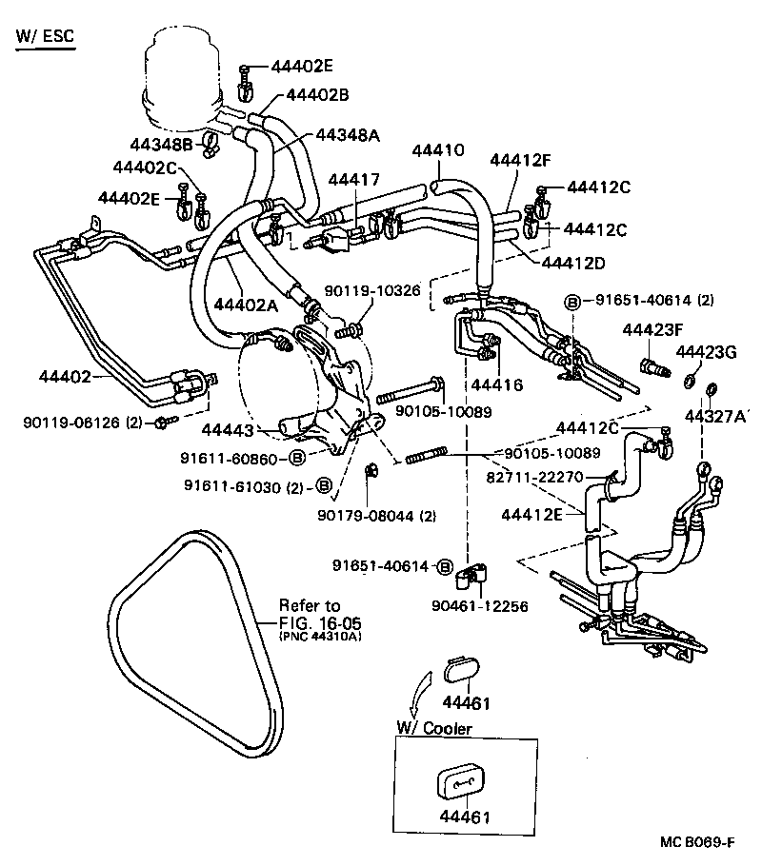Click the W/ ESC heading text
pos(44,37)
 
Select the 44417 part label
pos(353,179)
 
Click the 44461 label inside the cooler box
pos(465,817)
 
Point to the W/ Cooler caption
pos(433,729)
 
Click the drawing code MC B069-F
pos(694,843)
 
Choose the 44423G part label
pos(706,353)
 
